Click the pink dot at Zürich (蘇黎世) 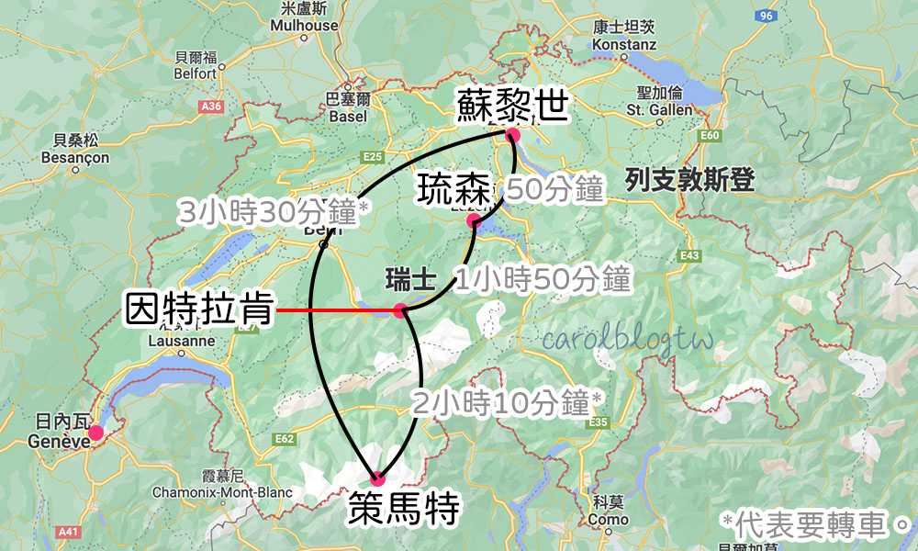pos(512,135)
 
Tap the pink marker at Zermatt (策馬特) pos(377,478)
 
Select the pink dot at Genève pos(95,432)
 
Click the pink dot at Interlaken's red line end pos(400,311)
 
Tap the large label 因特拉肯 pos(199,310)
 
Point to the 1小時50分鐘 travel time pos(543,279)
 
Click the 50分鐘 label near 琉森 pos(555,190)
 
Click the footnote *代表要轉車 pos(812,524)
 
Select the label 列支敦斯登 pos(689,180)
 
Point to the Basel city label pos(348,107)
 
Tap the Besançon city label pos(75,149)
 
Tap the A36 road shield pos(211,107)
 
